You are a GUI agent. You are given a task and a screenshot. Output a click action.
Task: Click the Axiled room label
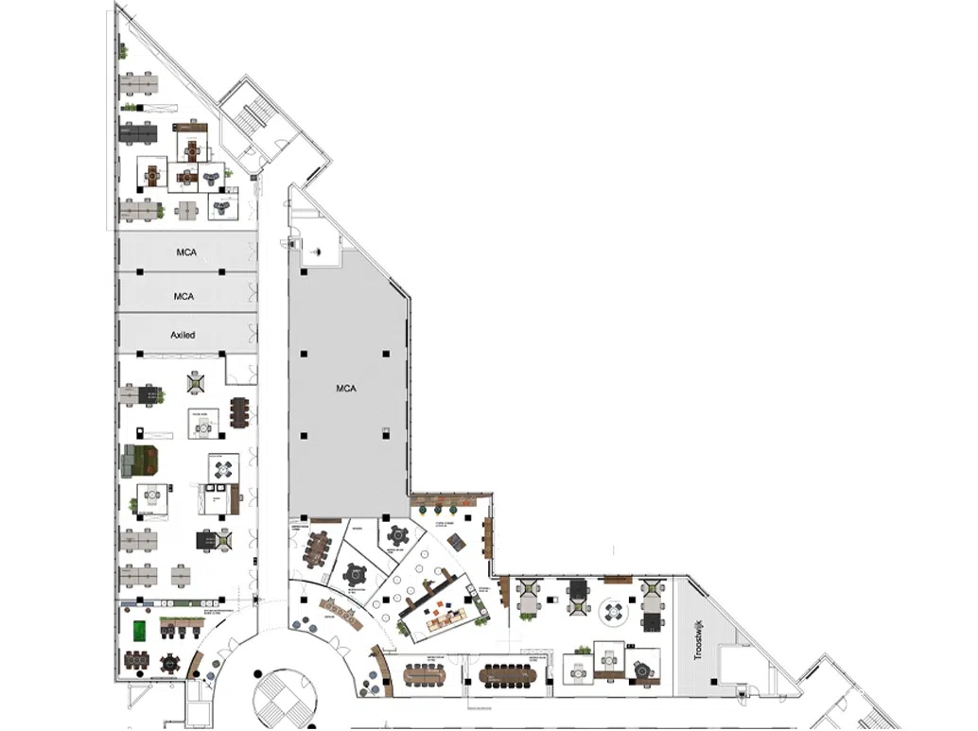pos(183,336)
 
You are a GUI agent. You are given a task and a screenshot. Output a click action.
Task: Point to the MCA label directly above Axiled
pos(183,296)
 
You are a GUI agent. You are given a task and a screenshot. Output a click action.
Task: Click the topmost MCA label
pos(185,252)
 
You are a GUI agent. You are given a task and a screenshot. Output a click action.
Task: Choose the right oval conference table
pos(507,675)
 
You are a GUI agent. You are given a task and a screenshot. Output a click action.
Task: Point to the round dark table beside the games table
pos(170,661)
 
